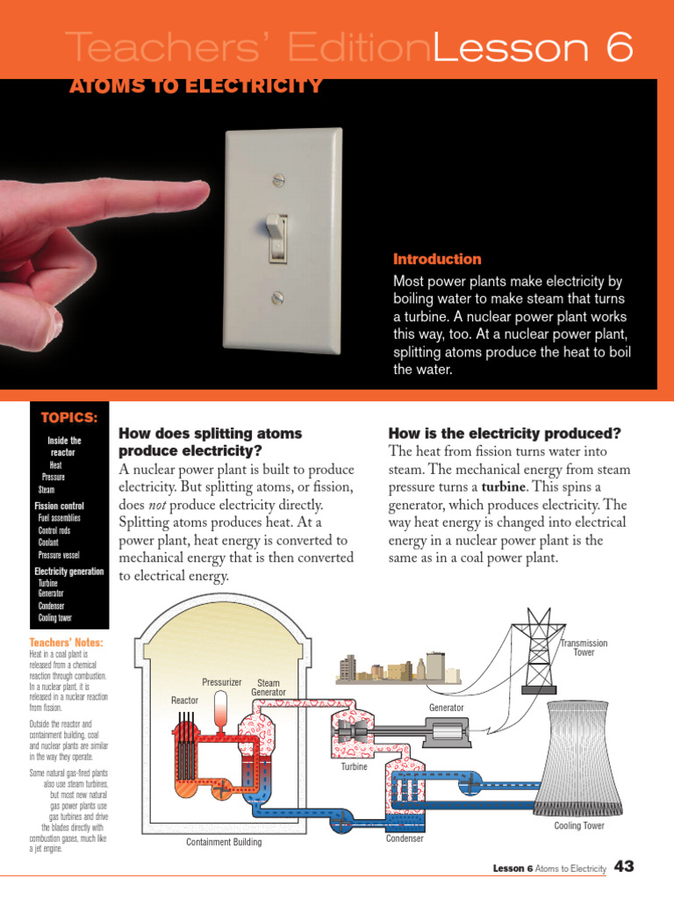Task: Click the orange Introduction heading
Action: (437, 259)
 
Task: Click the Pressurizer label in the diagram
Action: (221, 682)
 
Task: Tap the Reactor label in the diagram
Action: (184, 700)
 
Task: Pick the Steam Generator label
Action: (269, 687)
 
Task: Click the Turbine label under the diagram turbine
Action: (354, 766)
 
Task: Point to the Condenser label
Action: (405, 838)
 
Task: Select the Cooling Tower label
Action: (579, 825)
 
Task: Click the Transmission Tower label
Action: (584, 648)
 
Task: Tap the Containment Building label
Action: (224, 842)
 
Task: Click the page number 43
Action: (624, 867)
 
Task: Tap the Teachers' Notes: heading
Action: (66, 643)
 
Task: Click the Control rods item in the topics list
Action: (54, 530)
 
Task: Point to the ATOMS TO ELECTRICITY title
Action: (196, 86)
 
